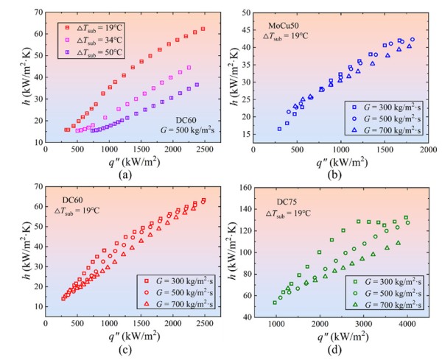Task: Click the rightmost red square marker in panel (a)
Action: pyautogui.click(x=203, y=29)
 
